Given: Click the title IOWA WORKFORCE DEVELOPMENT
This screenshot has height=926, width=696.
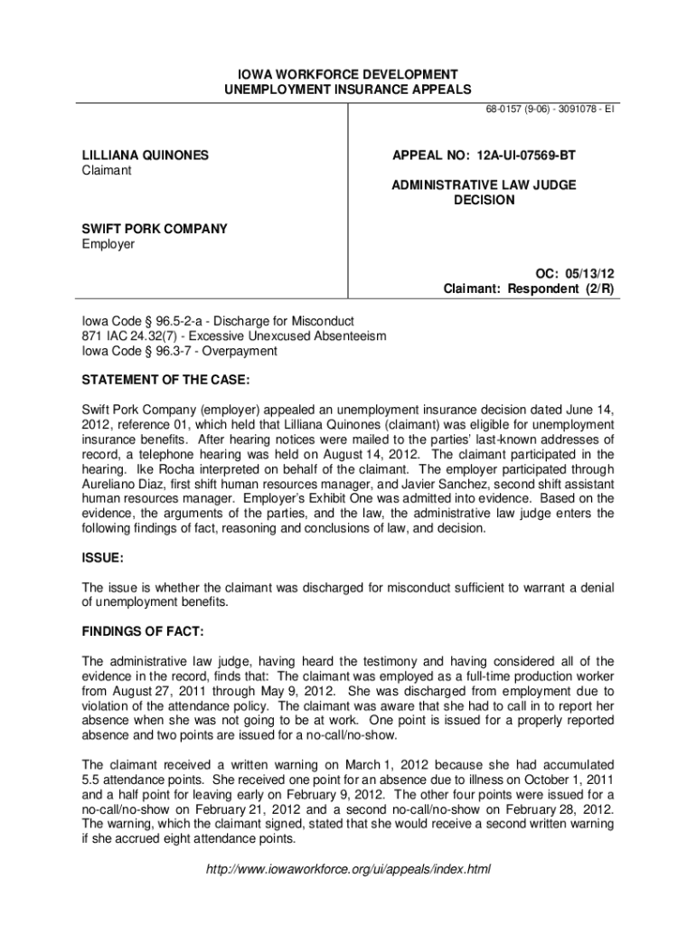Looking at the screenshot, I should click(x=347, y=73).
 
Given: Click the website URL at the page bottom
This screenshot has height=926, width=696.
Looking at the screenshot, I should click(x=347, y=869).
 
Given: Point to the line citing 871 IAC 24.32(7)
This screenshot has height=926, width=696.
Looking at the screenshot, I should click(x=234, y=335).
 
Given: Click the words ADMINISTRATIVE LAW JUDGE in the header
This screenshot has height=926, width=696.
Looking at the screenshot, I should click(x=484, y=184).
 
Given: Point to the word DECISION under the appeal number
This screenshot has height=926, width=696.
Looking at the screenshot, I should click(x=484, y=200).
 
